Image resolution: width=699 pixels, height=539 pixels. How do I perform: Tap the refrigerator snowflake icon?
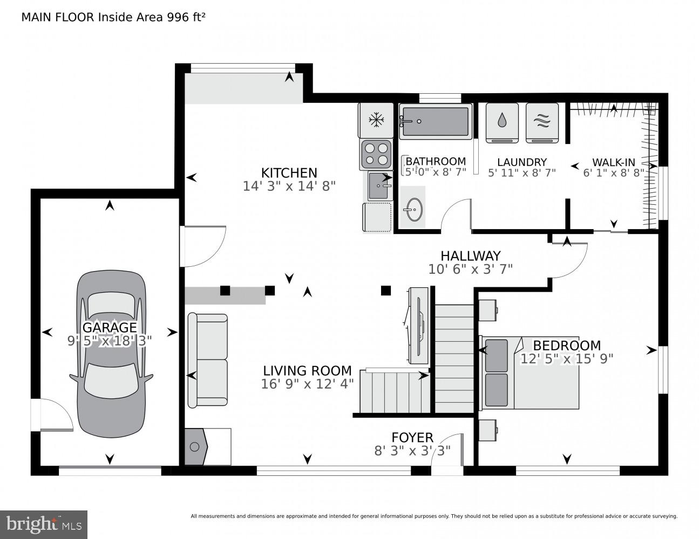(375, 120)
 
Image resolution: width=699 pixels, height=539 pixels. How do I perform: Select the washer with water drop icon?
(502, 122)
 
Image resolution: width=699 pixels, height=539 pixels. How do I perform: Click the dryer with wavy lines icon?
(542, 122)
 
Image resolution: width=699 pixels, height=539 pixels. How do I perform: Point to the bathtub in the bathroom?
(435, 121)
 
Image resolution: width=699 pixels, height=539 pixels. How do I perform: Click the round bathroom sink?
(413, 208)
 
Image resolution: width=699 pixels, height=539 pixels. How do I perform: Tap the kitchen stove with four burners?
(376, 153)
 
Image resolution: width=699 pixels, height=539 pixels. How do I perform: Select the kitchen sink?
(380, 186)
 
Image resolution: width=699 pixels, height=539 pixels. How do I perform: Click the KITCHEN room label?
(289, 172)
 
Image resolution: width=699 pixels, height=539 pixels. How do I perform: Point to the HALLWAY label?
(470, 255)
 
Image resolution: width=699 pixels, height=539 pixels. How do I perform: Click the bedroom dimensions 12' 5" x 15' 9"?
(566, 358)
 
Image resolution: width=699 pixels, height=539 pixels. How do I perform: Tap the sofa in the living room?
(207, 360)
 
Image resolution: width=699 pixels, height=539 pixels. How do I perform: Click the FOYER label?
(412, 438)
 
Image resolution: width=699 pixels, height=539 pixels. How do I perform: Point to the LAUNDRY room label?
(521, 162)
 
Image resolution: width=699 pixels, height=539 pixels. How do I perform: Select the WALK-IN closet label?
(613, 162)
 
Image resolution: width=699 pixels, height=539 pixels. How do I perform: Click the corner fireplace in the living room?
(196, 446)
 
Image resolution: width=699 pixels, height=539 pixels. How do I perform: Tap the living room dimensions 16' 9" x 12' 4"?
(307, 384)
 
